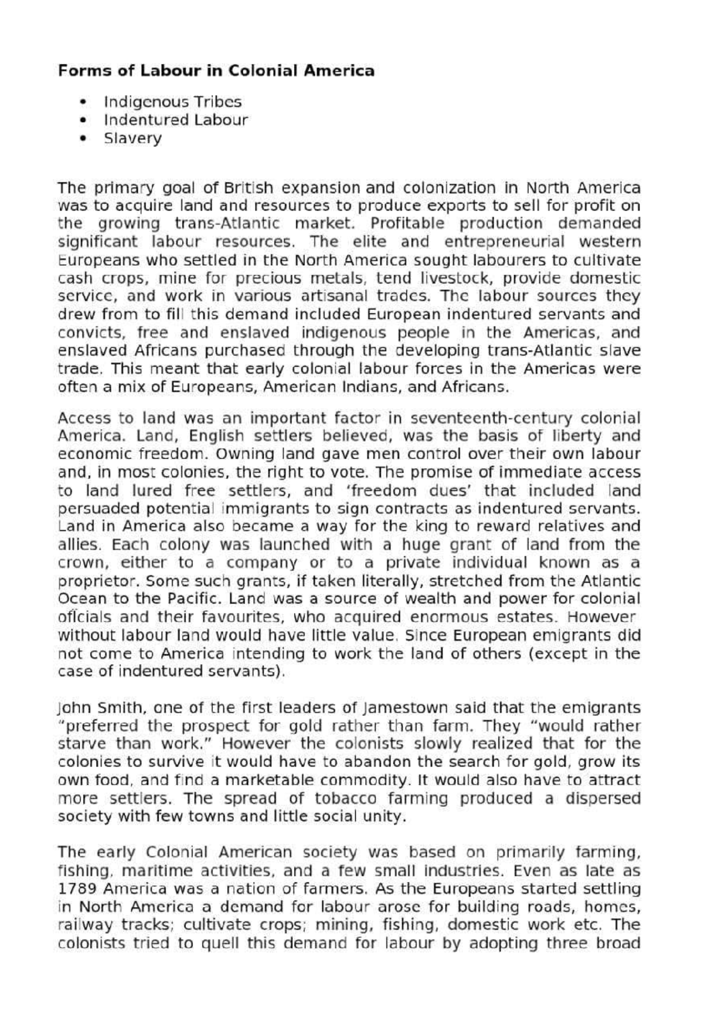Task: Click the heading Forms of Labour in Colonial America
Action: pyautogui.click(x=216, y=71)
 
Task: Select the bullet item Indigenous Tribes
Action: pyautogui.click(x=173, y=102)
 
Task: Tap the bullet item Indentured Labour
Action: pyautogui.click(x=176, y=120)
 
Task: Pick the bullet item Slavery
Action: pyautogui.click(x=133, y=139)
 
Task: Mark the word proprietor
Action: pyautogui.click(x=99, y=581)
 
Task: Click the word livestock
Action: pyautogui.click(x=456, y=278)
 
